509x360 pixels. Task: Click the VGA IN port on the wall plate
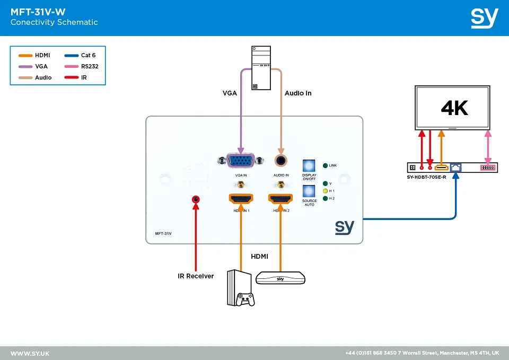click(240, 160)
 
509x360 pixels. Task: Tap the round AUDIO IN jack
click(281, 160)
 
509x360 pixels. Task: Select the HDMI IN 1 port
click(241, 199)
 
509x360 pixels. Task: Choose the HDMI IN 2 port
click(281, 199)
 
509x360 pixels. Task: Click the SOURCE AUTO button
click(309, 191)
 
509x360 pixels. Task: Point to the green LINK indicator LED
click(325, 165)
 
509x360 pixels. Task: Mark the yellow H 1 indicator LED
click(325, 190)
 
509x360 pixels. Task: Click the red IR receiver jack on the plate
click(196, 199)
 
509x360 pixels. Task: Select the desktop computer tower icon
click(260, 68)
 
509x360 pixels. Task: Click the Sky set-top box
click(280, 278)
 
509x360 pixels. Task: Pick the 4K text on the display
click(454, 108)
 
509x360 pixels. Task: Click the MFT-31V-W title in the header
click(38, 12)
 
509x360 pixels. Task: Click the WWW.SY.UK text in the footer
click(30, 353)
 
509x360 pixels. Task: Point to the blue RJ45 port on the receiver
click(455, 168)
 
